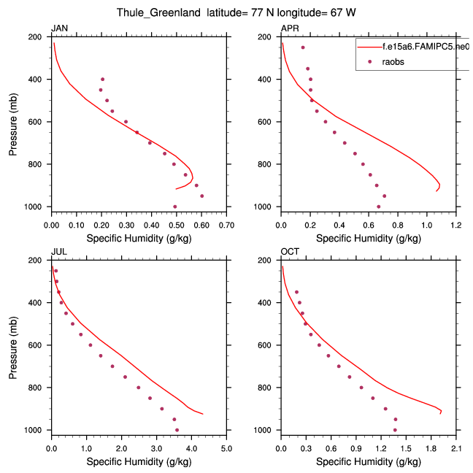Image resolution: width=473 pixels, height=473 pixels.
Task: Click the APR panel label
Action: (288, 28)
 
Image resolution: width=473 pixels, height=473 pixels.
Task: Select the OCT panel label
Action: (289, 252)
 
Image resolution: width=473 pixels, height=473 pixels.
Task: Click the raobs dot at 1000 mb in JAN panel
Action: (175, 207)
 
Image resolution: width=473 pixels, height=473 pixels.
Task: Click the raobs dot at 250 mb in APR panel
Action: (303, 47)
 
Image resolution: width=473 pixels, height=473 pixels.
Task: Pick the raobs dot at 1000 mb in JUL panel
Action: (177, 430)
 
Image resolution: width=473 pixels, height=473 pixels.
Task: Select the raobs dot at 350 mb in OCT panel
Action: (296, 292)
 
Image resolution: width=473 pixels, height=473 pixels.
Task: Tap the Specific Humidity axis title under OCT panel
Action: (369, 461)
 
